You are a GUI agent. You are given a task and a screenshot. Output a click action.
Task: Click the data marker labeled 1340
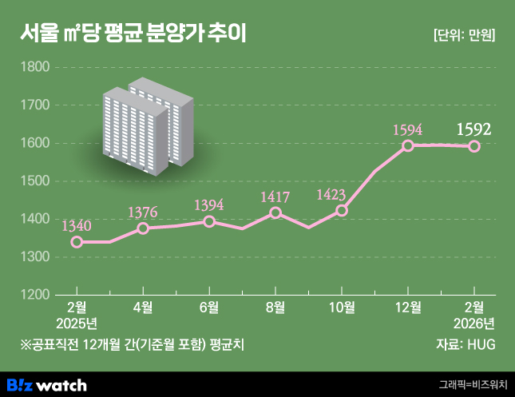[x=77, y=242]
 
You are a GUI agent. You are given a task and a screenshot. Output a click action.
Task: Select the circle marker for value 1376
[x=143, y=228]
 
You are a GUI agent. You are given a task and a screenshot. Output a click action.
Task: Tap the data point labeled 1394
[x=209, y=221]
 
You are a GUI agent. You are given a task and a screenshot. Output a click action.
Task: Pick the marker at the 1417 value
[x=275, y=212]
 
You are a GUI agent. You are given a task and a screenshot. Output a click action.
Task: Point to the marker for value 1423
[x=342, y=211]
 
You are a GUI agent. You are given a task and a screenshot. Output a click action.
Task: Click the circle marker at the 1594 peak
[x=408, y=145]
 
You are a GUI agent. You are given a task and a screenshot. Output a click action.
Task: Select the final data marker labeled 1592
[x=473, y=146]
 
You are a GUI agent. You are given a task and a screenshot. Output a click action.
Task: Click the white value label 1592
[x=473, y=129]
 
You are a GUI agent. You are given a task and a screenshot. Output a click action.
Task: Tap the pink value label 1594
[x=408, y=129]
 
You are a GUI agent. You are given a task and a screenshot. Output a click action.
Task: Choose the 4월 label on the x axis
[x=143, y=308]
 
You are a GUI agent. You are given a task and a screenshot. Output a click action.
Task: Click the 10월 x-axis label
[x=342, y=308]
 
